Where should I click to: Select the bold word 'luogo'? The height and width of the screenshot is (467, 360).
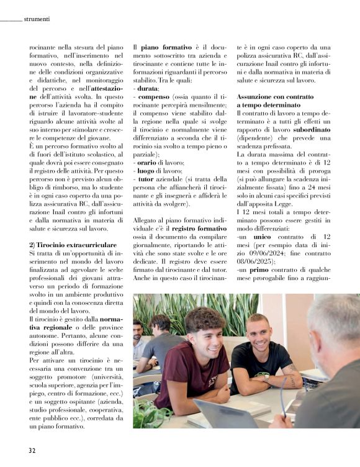coord(149,171)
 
